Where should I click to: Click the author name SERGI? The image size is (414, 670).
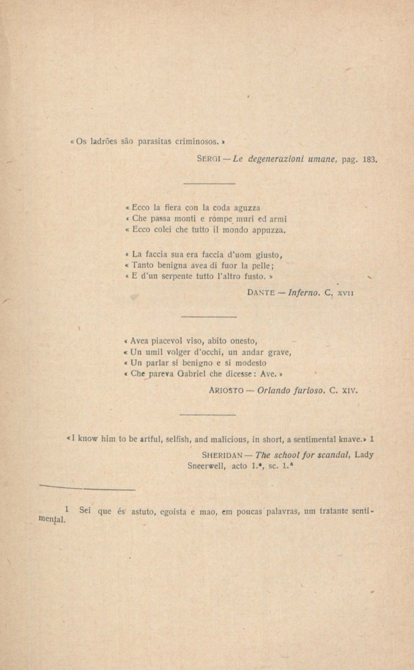click(207, 160)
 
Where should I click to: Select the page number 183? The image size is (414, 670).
click(370, 160)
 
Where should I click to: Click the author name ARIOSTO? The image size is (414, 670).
click(225, 391)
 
